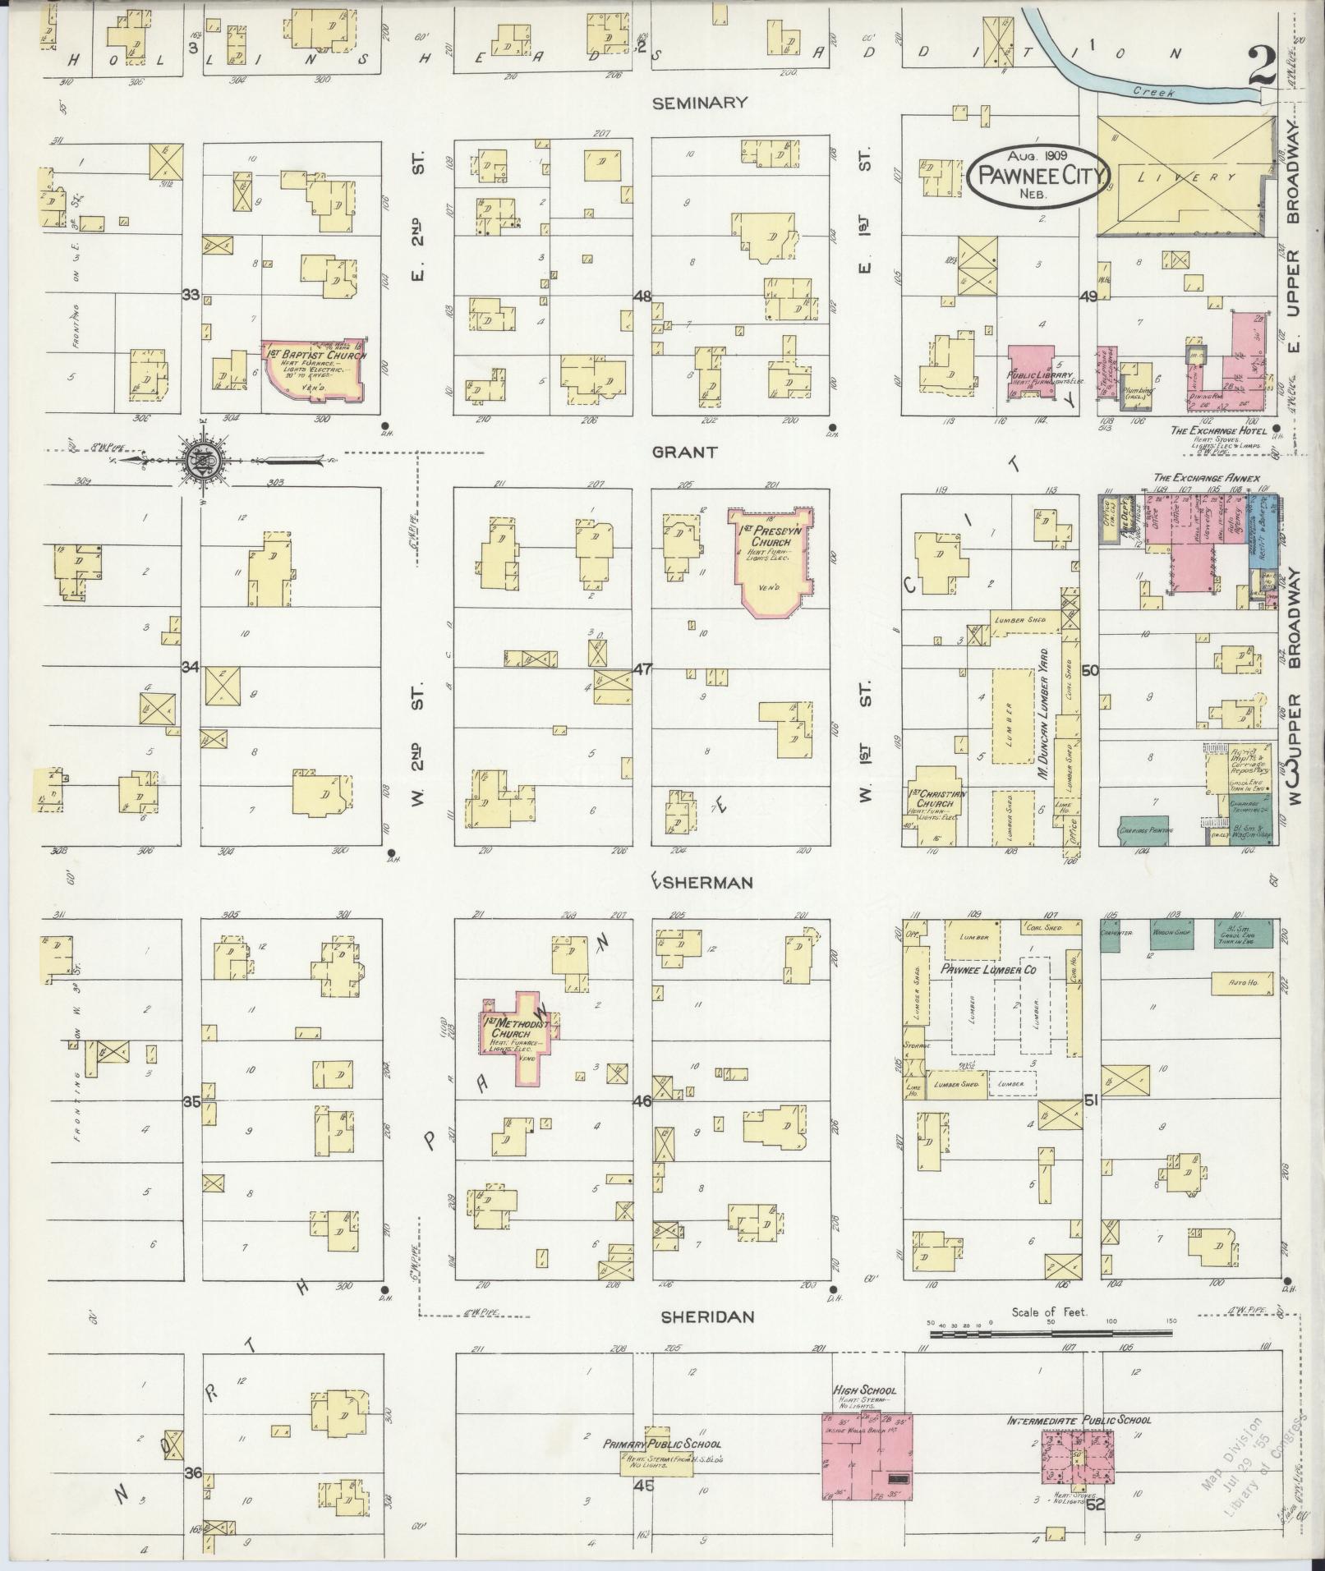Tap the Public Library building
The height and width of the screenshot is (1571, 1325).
click(x=1031, y=373)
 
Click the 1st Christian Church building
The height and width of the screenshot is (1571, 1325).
click(x=933, y=805)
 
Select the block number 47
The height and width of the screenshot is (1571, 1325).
click(x=642, y=669)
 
